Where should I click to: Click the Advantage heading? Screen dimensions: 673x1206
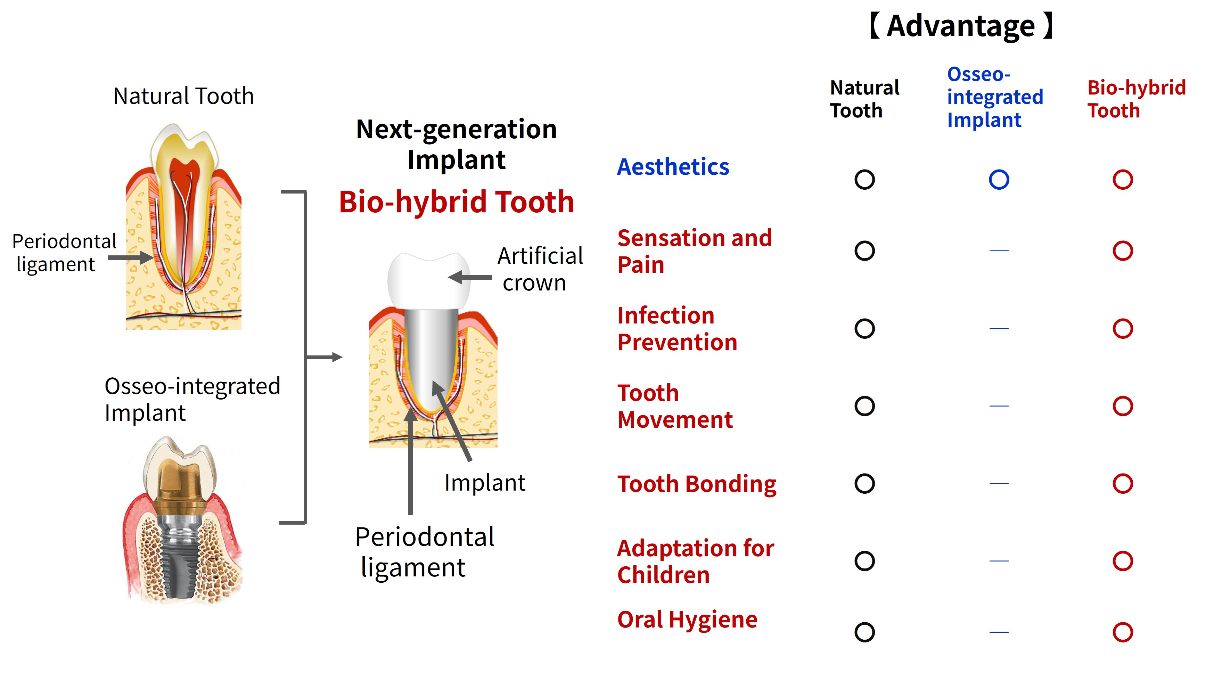point(961,26)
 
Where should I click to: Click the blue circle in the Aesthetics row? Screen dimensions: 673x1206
point(999,180)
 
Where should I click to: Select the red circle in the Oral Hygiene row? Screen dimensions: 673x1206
point(1123,632)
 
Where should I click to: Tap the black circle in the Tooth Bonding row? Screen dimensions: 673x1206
point(864,483)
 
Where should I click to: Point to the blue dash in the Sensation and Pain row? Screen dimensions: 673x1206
point(999,251)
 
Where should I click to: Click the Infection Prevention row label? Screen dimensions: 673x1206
point(677,329)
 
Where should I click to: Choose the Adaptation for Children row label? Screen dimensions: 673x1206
point(695,561)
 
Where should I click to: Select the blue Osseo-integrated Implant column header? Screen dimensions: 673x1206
point(994,97)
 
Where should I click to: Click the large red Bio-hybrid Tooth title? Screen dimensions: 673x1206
point(457,202)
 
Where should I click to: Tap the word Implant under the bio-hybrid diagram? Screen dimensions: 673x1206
point(485,483)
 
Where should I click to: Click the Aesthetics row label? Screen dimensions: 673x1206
point(673,167)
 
